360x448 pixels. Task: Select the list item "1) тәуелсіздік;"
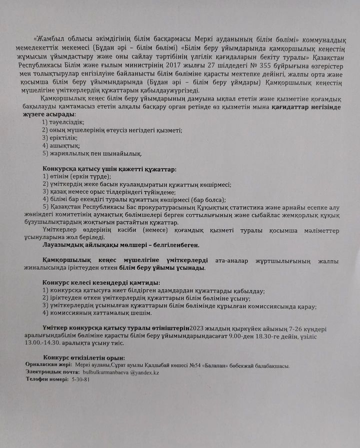pos(63,122)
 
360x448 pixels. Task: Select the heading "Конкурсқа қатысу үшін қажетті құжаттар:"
pos(109,169)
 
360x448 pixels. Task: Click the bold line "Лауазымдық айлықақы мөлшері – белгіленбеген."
pos(121,245)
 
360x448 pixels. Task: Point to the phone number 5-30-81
pos(80,380)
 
